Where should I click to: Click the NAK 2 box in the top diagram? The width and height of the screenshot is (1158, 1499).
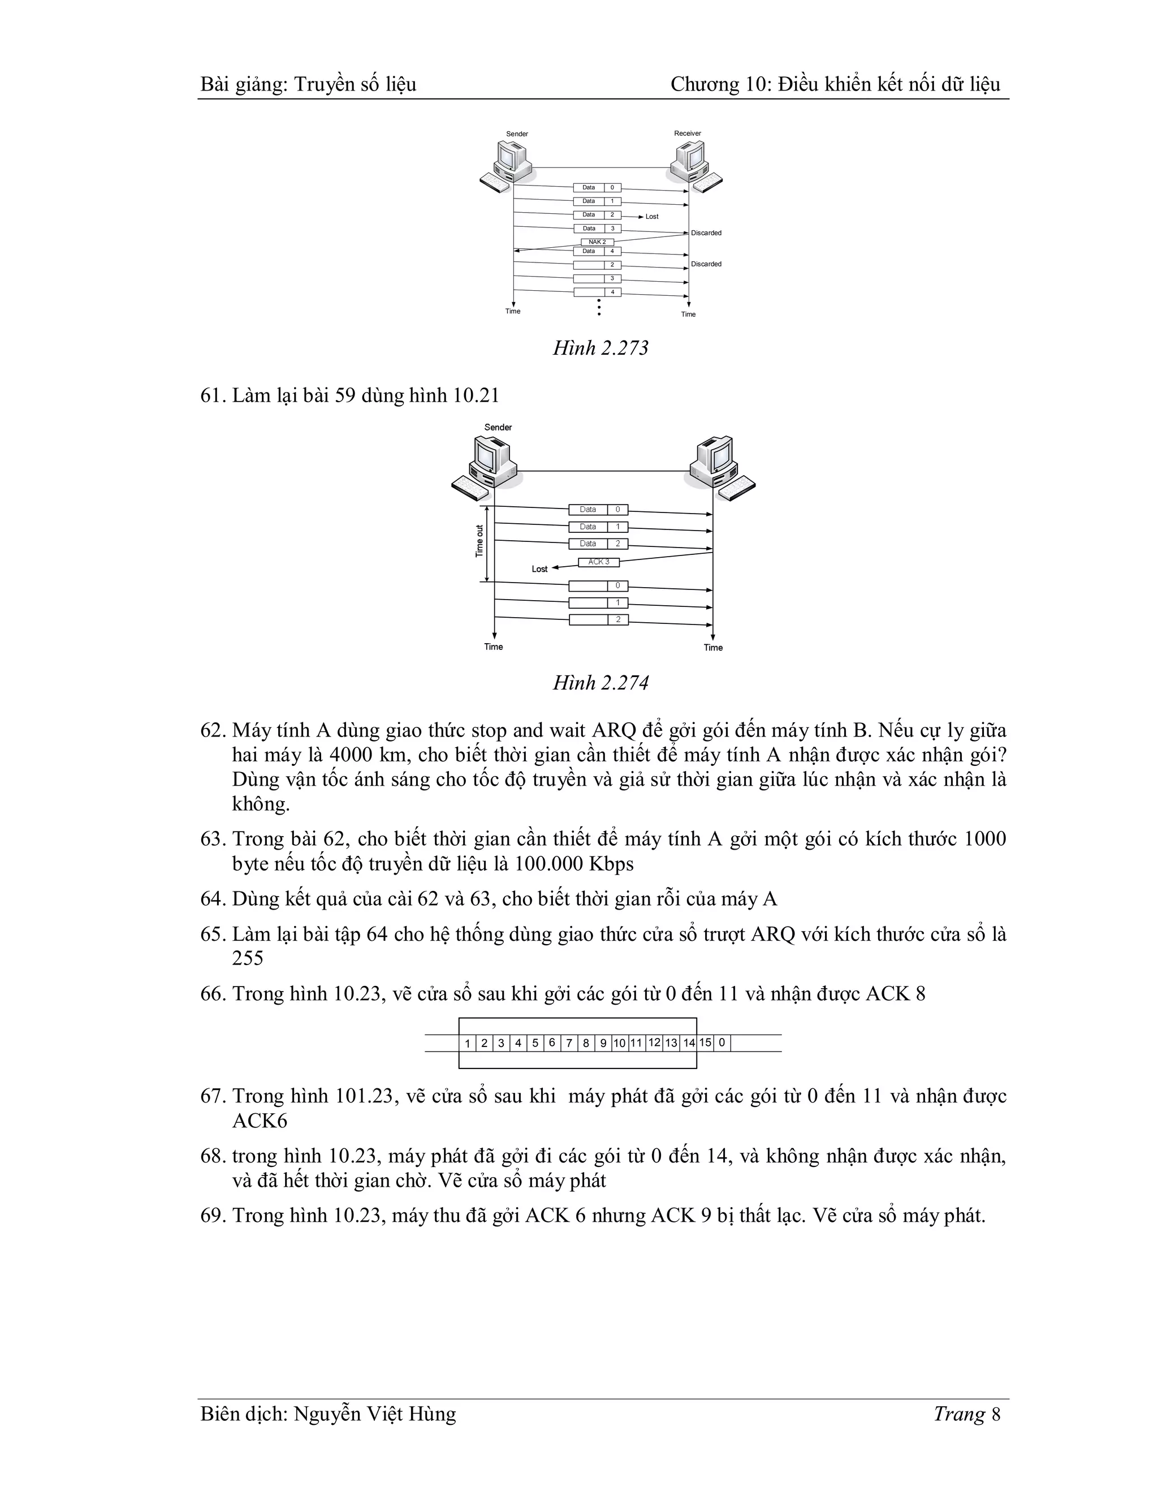(x=597, y=242)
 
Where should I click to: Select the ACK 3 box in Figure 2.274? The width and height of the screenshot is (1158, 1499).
(x=598, y=562)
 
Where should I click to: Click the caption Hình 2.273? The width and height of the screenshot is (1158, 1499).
(x=600, y=348)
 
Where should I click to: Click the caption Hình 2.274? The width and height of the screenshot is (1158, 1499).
(x=600, y=683)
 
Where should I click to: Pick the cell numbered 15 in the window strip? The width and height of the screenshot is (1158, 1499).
(x=705, y=1043)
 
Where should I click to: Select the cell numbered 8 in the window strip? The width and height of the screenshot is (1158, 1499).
(x=585, y=1043)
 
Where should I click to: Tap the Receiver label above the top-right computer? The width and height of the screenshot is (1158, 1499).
(x=688, y=133)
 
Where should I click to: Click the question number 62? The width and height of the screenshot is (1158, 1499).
(x=213, y=730)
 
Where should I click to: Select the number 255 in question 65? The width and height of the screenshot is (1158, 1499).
(x=248, y=958)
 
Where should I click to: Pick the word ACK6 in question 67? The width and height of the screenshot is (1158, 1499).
(x=260, y=1121)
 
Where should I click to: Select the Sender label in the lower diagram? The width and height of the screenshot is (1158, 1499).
(x=498, y=427)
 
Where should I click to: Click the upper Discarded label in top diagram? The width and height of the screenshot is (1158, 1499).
(x=706, y=232)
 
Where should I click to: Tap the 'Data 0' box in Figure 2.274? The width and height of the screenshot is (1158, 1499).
(x=598, y=509)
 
